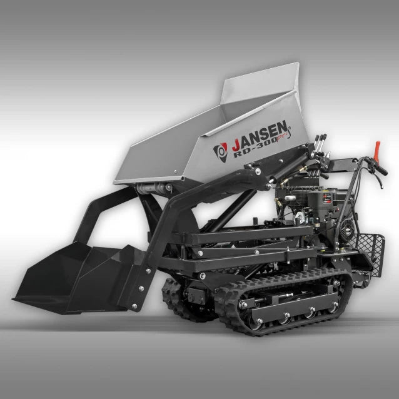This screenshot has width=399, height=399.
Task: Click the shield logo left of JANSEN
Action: pyautogui.click(x=220, y=151)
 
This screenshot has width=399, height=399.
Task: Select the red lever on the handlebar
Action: pyautogui.click(x=377, y=150)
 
